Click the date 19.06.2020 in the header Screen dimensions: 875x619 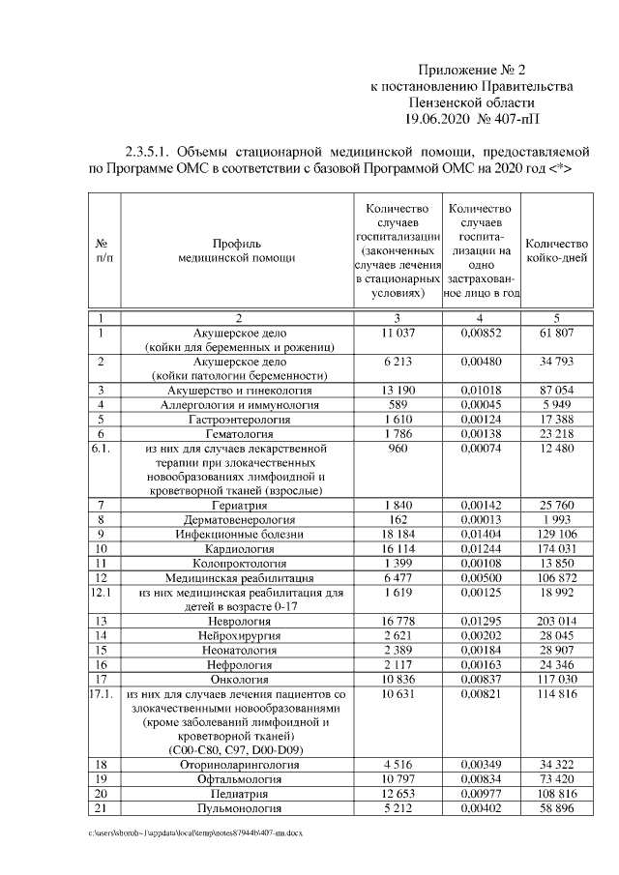tap(438, 119)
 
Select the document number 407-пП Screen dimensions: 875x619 tap(516, 119)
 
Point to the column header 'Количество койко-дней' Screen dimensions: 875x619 tap(556, 250)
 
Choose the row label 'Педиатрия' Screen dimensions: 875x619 tap(237, 793)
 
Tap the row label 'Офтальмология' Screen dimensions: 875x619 tap(237, 777)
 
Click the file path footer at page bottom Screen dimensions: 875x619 tap(192, 831)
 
